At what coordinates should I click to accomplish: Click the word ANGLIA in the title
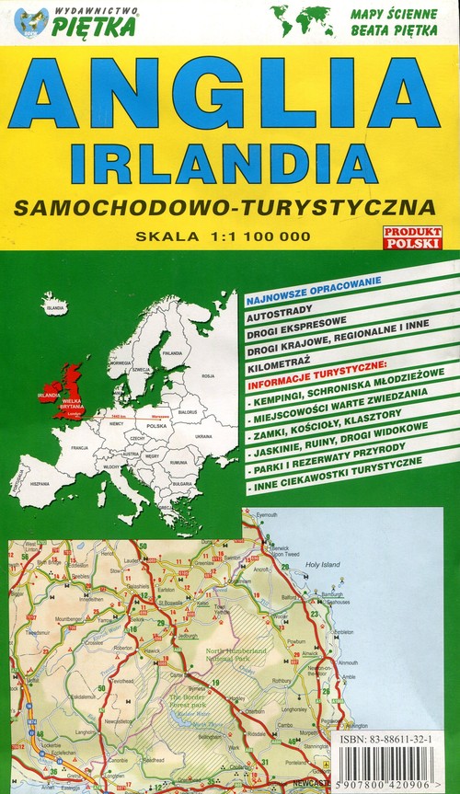tap(229, 94)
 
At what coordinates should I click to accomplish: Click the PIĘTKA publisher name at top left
tap(94, 27)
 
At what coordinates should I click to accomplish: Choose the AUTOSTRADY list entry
tap(281, 313)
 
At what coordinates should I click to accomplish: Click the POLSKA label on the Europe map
tap(158, 427)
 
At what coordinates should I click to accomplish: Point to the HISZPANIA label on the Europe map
tap(40, 484)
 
